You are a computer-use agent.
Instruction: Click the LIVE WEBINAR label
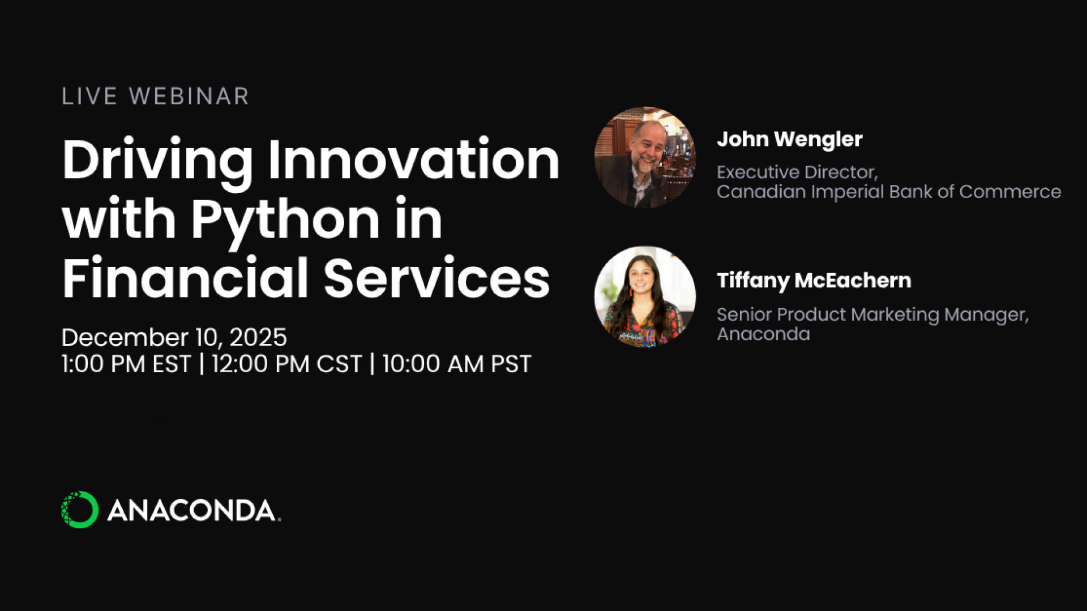tap(155, 96)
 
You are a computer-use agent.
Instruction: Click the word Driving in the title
tap(157, 161)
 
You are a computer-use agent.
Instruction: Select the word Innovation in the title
tap(413, 160)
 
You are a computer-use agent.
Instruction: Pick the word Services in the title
tap(436, 278)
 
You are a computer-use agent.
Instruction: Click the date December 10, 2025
tap(174, 338)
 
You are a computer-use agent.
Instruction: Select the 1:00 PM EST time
tap(126, 364)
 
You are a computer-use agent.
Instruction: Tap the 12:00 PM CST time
tap(286, 364)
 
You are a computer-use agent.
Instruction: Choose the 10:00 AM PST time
tap(457, 364)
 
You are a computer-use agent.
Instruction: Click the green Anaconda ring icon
tap(79, 510)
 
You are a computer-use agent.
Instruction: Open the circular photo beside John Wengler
tap(645, 157)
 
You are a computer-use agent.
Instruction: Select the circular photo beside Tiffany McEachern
tap(645, 296)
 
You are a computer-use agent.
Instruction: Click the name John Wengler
tap(789, 139)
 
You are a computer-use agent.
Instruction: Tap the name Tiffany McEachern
tap(814, 281)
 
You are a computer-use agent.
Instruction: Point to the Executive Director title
tap(797, 172)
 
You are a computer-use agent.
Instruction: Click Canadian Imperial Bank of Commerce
tap(888, 192)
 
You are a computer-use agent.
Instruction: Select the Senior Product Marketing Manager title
tap(872, 314)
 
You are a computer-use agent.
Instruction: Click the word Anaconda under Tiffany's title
tap(763, 334)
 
